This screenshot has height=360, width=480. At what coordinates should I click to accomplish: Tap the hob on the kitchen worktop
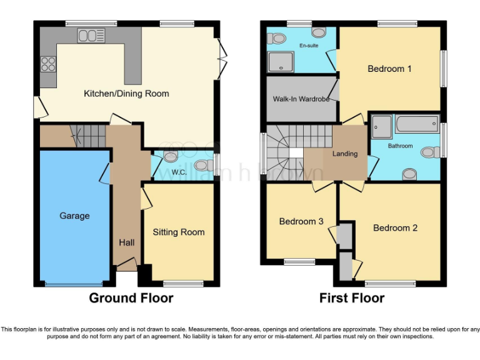[x=48, y=63]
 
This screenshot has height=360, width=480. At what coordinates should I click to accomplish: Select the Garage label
[x=74, y=216]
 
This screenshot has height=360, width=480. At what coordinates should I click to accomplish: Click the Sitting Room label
[x=179, y=232]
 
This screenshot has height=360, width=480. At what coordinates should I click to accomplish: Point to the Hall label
[x=127, y=242]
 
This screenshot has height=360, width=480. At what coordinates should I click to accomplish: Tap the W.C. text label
[x=179, y=172]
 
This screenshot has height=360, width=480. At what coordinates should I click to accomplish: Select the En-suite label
[x=309, y=46]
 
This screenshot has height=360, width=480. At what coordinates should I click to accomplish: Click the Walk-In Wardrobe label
[x=301, y=99]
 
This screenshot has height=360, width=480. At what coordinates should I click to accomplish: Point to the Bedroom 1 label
[x=389, y=69]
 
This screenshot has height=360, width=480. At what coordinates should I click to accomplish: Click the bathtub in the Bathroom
[x=417, y=124]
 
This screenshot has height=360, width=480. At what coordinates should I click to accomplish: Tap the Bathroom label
[x=400, y=146]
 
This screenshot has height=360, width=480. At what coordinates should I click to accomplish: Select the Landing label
[x=344, y=154]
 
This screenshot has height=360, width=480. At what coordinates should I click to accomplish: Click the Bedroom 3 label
[x=301, y=221]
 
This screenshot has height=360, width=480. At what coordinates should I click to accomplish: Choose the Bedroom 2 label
[x=395, y=227]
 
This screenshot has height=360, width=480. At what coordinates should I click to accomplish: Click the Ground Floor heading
[x=131, y=297]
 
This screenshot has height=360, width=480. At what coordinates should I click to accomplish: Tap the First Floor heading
[x=352, y=297]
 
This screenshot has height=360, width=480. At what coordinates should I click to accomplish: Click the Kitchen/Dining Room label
[x=126, y=94]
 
